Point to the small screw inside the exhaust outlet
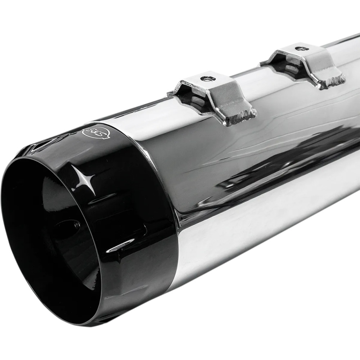point(77,225)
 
